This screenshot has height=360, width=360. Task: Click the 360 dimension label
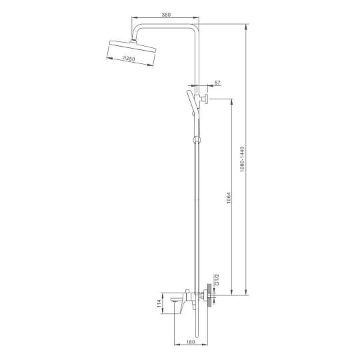[x=166, y=15]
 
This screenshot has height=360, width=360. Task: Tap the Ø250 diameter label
[x=129, y=59]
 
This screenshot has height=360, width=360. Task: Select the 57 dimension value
[x=217, y=82]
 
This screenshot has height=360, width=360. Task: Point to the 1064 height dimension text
[x=229, y=199]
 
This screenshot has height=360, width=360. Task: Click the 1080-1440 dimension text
[x=242, y=159]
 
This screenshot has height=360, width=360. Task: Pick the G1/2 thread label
[x=217, y=279]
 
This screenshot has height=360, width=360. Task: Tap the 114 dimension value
[x=159, y=303]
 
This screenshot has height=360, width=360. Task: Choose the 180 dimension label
[x=190, y=342]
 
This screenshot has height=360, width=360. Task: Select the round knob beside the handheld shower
[x=206, y=99]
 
